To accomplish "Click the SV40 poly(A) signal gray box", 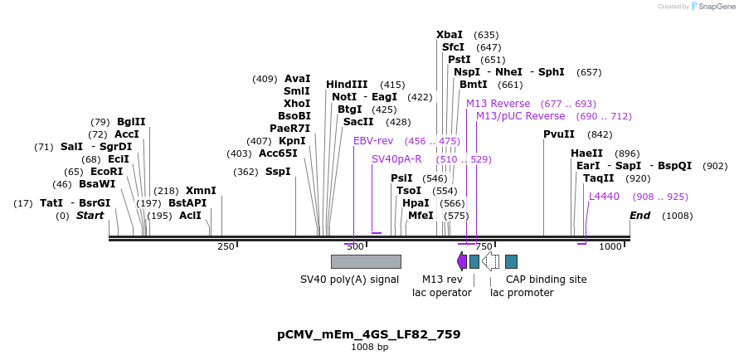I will [366, 261].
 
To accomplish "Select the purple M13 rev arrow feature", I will [462, 261].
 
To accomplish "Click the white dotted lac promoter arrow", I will [490, 261].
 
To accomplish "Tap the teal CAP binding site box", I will [511, 261].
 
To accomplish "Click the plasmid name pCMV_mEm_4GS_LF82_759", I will [368, 334].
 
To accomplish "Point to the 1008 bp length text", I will [369, 348].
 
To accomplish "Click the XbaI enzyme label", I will [450, 35].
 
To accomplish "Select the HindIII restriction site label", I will [347, 85].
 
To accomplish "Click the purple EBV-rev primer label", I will [373, 141].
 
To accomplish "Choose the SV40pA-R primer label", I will [396, 159].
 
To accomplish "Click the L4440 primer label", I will [604, 197].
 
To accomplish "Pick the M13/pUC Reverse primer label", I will [520, 116].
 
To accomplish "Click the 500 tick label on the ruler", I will [355, 246].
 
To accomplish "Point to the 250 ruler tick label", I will [226, 246].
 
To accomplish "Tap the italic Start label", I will [90, 216].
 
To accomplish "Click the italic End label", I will [639, 216].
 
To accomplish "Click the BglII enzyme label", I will [131, 122].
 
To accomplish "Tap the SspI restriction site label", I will [278, 172].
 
